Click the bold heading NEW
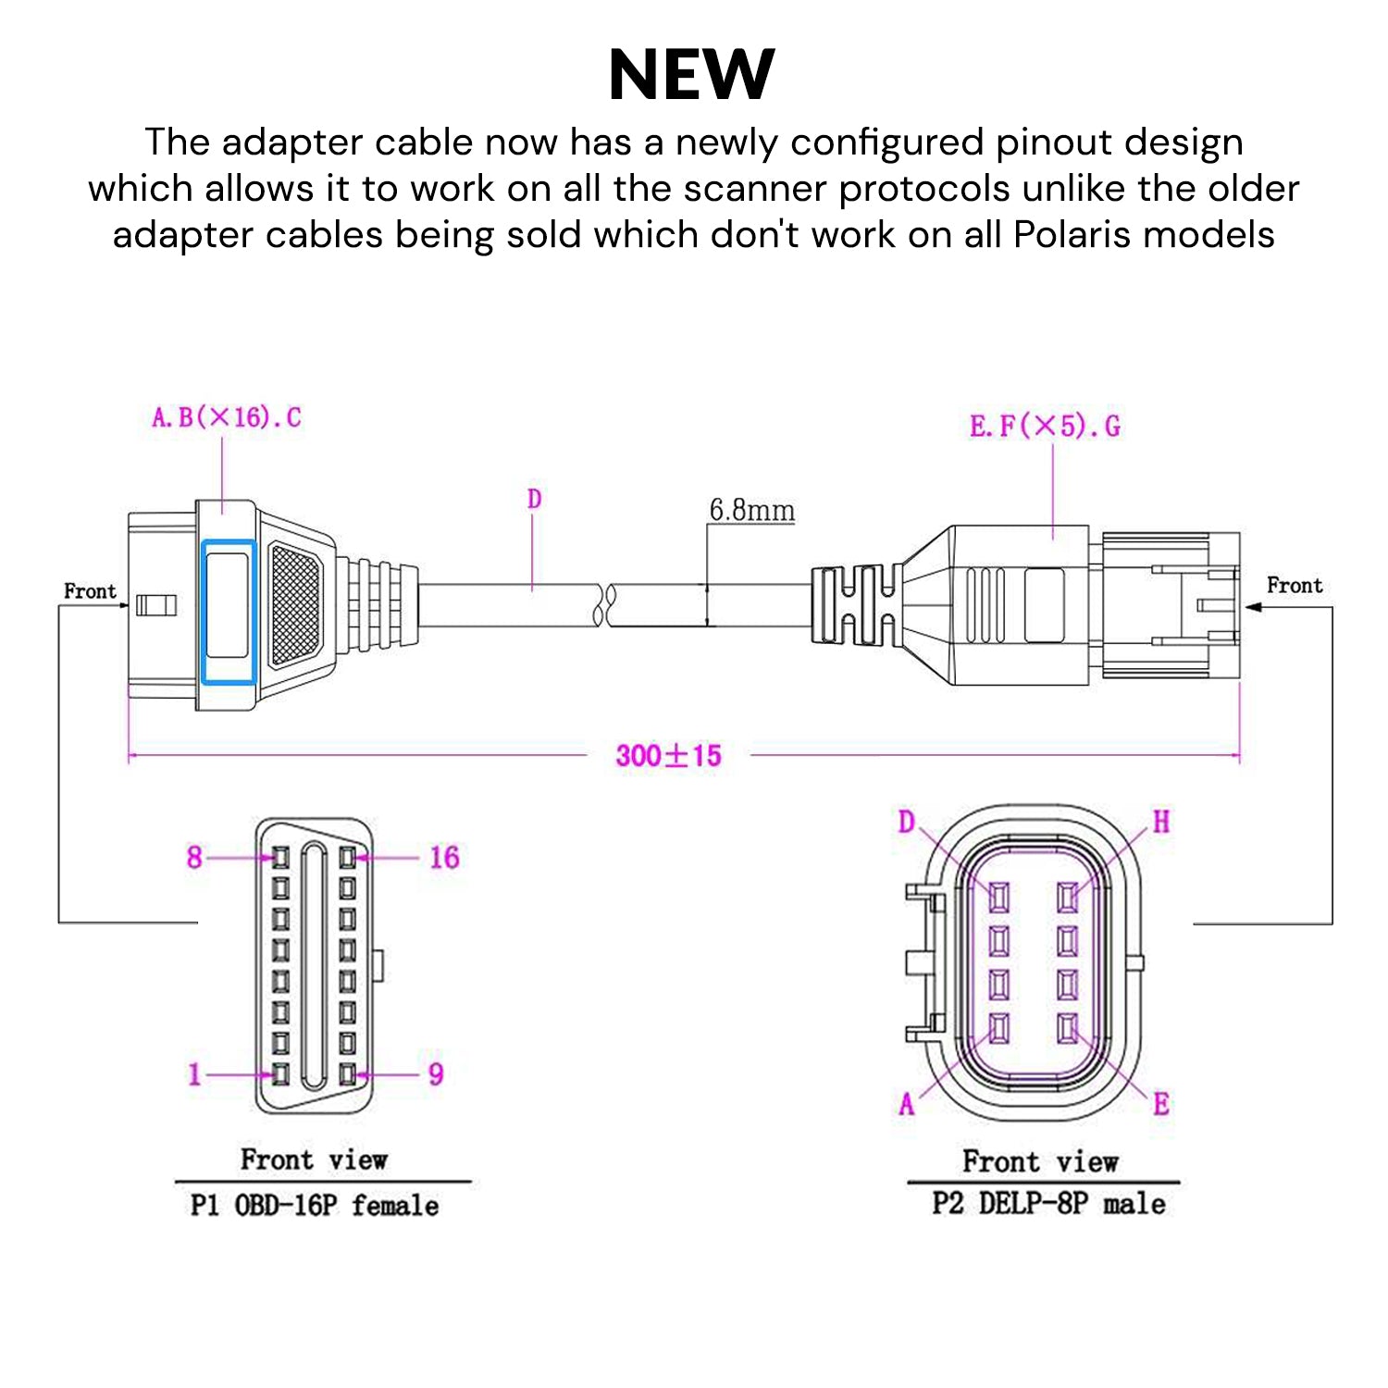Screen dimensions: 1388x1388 692,74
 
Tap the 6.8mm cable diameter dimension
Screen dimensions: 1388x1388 751,510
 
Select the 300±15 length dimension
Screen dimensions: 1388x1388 668,756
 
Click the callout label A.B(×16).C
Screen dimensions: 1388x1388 227,417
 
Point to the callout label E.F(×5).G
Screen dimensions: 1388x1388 1045,427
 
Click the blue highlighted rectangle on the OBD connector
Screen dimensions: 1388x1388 229,612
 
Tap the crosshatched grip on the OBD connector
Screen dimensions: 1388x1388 295,604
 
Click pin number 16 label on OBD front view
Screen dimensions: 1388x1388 444,858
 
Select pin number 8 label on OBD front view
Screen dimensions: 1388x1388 194,858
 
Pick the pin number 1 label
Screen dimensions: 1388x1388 194,1074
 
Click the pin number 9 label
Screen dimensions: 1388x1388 436,1074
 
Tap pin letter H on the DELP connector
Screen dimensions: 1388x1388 1160,822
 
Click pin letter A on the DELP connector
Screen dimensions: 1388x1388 907,1104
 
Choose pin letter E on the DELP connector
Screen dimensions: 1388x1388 1161,1104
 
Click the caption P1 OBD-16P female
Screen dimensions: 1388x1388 315,1206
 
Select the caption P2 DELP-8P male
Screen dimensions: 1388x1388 1048,1204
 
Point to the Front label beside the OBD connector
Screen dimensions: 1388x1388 90,591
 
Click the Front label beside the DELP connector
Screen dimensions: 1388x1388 1295,586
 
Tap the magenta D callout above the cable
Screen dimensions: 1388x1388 534,500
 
